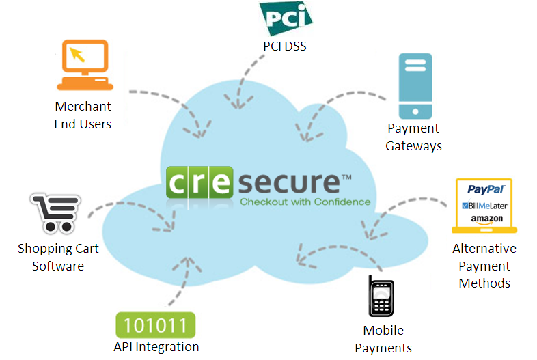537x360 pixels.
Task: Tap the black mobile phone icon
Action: pos(382,296)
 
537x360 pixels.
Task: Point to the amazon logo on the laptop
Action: pos(486,219)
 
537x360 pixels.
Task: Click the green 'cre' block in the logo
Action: pos(201,182)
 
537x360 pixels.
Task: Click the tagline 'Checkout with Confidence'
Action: pos(305,202)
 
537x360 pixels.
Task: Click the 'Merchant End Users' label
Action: pos(83,115)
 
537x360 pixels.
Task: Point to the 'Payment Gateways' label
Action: pos(413,137)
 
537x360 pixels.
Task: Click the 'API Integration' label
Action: pos(156,347)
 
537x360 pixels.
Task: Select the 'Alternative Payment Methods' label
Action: pos(484,266)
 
